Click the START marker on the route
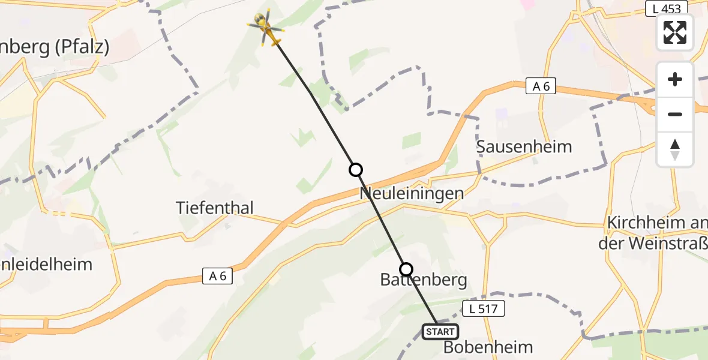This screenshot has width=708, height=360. pos(440,331)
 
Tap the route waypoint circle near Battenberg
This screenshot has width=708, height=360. pos(406,269)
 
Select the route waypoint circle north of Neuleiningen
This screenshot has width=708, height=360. pos(356,170)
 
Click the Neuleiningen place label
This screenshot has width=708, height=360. pos(412,193)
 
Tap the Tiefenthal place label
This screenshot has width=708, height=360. pos(215,208)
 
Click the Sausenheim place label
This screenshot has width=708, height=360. pos(524,146)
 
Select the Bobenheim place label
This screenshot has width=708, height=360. pos(488,347)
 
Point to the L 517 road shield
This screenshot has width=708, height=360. pos(484,309)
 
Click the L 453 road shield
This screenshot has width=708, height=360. pos(667,8)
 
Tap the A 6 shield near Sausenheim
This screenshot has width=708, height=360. pos(541,86)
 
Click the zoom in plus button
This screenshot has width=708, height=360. pos(675,79)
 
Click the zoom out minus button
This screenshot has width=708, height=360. pos(675,114)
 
